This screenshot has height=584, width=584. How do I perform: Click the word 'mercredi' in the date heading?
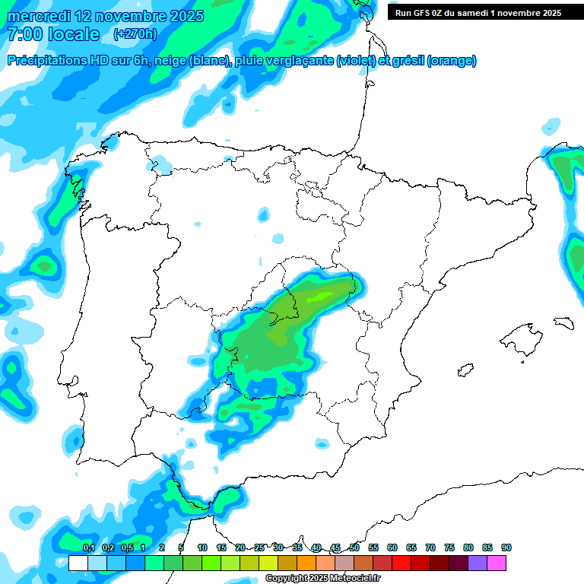click(38, 15)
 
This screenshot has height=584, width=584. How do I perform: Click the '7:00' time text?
click(25, 34)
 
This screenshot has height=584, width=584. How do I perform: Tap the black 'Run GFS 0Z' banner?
click(478, 12)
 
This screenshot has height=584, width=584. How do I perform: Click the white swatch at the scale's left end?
click(78, 563)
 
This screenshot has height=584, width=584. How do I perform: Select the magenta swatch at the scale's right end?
click(497, 563)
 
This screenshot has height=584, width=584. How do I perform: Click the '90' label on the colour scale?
click(506, 548)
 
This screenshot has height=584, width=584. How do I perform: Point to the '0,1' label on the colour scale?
click(88, 548)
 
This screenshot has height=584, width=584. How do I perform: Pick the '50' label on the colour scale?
click(354, 548)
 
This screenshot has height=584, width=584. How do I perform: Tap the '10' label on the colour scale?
click(202, 548)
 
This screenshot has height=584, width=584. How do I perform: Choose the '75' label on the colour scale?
click(449, 548)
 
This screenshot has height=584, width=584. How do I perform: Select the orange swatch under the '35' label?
click(306, 563)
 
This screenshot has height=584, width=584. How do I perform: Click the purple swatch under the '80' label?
click(478, 563)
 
